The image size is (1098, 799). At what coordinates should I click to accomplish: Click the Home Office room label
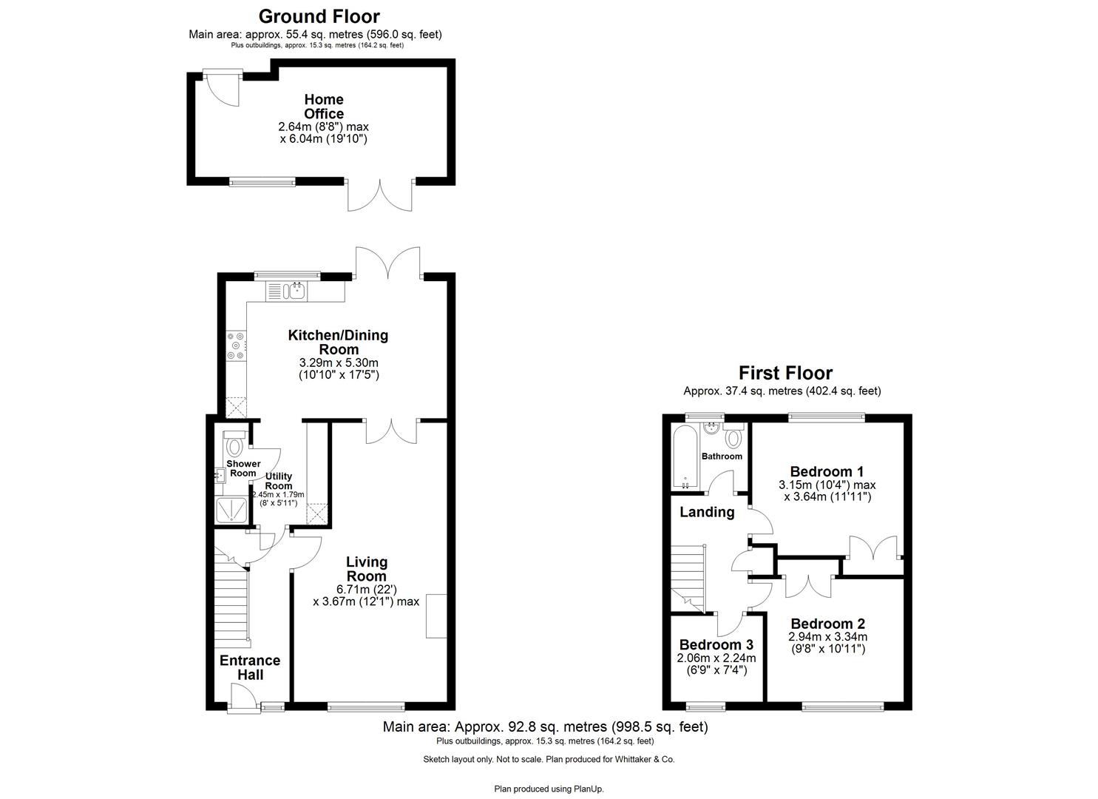click(324, 107)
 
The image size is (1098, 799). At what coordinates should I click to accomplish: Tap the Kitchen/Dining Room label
click(338, 343)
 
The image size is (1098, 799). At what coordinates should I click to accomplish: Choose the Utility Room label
click(279, 481)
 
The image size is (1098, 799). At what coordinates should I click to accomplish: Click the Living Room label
click(367, 570)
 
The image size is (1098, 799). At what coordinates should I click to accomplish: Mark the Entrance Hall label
click(250, 667)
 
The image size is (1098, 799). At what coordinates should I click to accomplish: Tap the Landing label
click(707, 512)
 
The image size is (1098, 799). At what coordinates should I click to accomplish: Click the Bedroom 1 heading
click(827, 471)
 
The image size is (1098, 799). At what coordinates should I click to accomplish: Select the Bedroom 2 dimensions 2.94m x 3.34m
click(827, 637)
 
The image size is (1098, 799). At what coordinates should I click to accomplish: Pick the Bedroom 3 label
click(716, 644)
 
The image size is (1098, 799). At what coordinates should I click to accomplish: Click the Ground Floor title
click(319, 16)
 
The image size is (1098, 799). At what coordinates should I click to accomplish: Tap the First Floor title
click(785, 374)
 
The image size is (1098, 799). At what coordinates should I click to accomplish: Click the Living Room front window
click(366, 707)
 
